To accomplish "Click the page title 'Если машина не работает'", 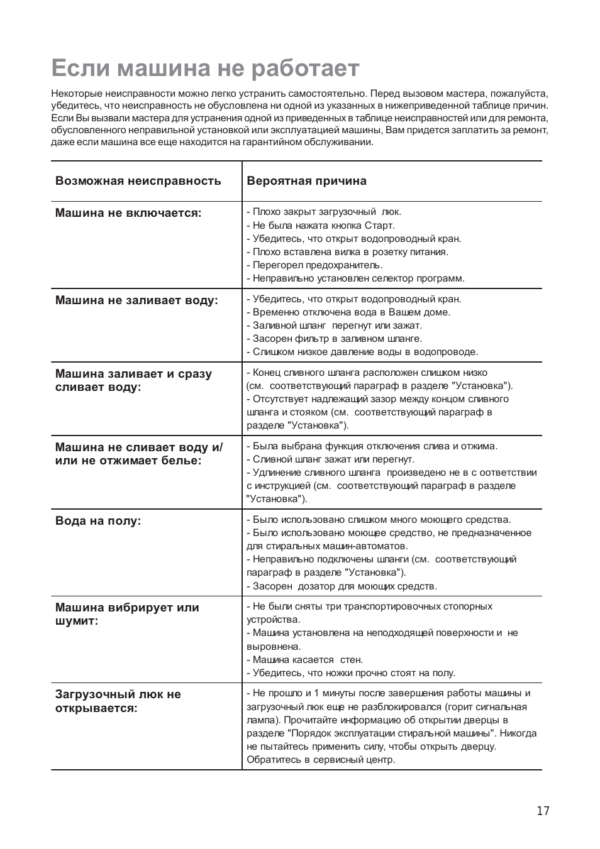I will click(205, 68).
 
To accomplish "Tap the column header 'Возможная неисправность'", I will click(138, 181).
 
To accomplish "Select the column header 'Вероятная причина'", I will click(306, 181).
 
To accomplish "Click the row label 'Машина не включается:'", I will click(128, 213).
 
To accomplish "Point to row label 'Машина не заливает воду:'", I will click(136, 300).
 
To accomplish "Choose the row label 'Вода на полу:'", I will click(98, 521).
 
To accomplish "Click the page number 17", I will click(543, 811).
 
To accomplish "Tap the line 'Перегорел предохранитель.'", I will click(314, 265).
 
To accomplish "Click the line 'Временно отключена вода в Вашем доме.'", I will click(348, 312).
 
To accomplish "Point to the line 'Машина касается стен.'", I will click(305, 660).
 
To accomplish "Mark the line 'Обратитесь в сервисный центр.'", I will click(321, 760).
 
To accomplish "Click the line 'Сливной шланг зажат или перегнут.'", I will click(330, 459).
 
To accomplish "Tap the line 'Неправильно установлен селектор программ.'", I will click(355, 278).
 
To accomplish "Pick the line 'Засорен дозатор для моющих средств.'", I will click(342, 586).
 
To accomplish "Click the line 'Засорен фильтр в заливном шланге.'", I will click(334, 339).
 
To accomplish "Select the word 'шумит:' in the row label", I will click(77, 622).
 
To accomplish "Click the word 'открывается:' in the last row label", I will click(96, 708).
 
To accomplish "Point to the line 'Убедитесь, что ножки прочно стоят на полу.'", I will click(351, 673).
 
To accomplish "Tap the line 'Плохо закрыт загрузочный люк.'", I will click(324, 212).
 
